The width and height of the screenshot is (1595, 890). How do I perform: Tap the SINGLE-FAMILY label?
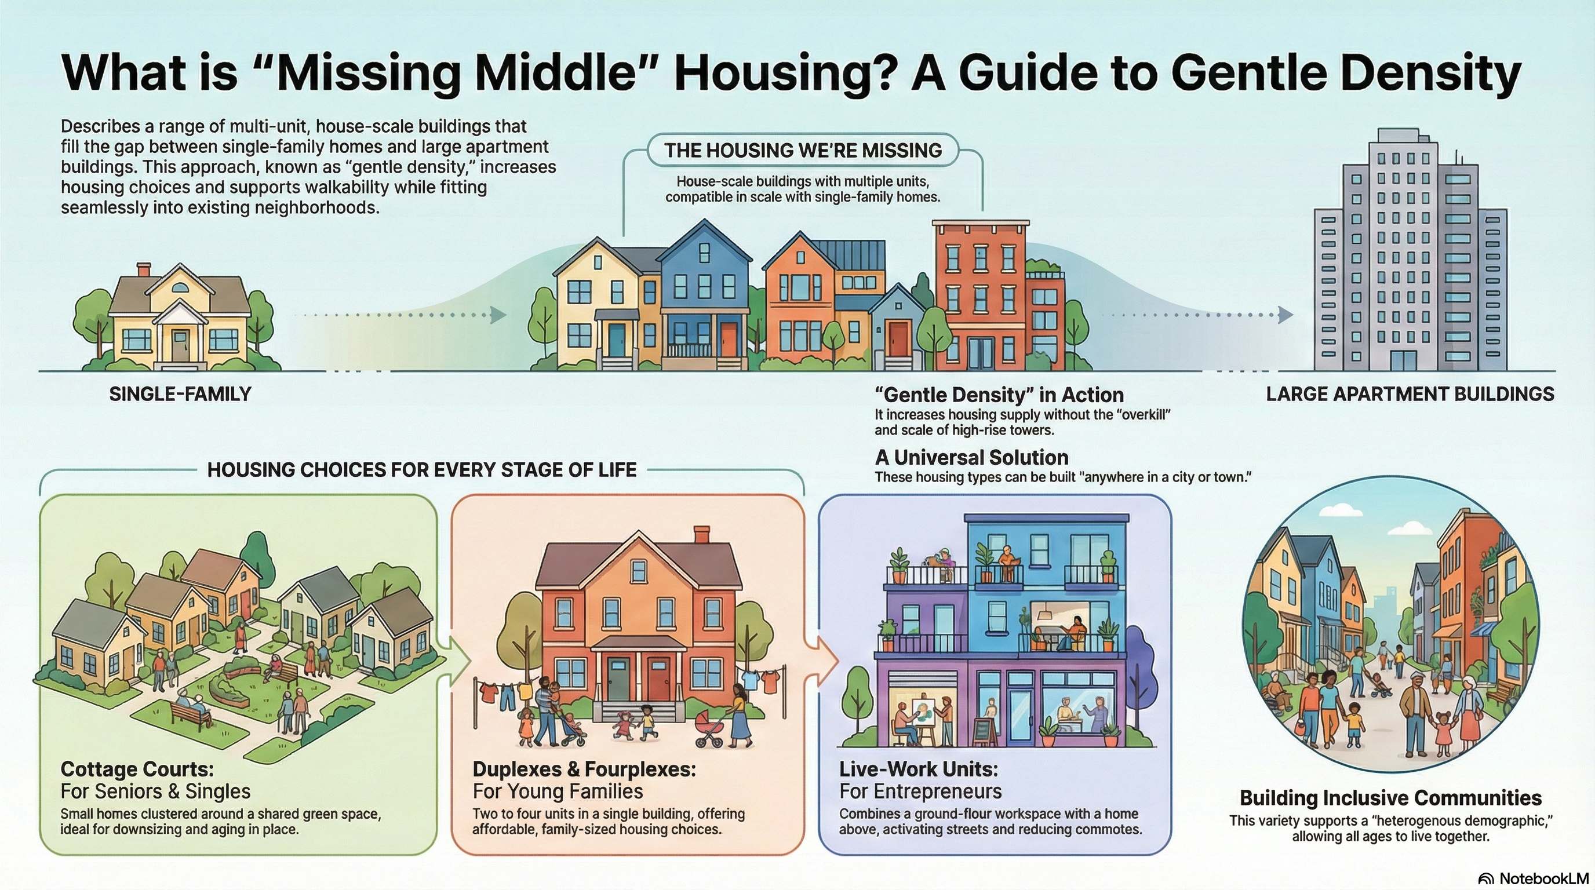(x=180, y=394)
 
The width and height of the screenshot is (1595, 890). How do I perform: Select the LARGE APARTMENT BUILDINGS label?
(x=1410, y=394)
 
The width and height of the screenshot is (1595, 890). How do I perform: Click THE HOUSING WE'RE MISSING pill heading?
(x=803, y=151)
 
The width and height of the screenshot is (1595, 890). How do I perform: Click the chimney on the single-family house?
(x=144, y=270)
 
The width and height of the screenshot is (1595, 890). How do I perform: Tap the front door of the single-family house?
(x=180, y=345)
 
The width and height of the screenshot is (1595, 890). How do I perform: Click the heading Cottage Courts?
(x=137, y=769)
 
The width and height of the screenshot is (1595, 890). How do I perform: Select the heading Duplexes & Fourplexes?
(x=584, y=769)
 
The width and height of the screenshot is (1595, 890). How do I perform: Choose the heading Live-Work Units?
(x=918, y=769)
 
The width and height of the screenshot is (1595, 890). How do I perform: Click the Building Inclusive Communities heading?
(x=1390, y=798)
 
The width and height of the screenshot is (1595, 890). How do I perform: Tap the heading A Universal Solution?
(x=971, y=457)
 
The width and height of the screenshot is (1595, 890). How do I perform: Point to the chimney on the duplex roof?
(x=701, y=535)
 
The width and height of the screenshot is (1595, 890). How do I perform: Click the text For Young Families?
(x=557, y=791)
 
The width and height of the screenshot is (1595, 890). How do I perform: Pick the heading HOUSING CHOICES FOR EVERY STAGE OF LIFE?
(x=422, y=470)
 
